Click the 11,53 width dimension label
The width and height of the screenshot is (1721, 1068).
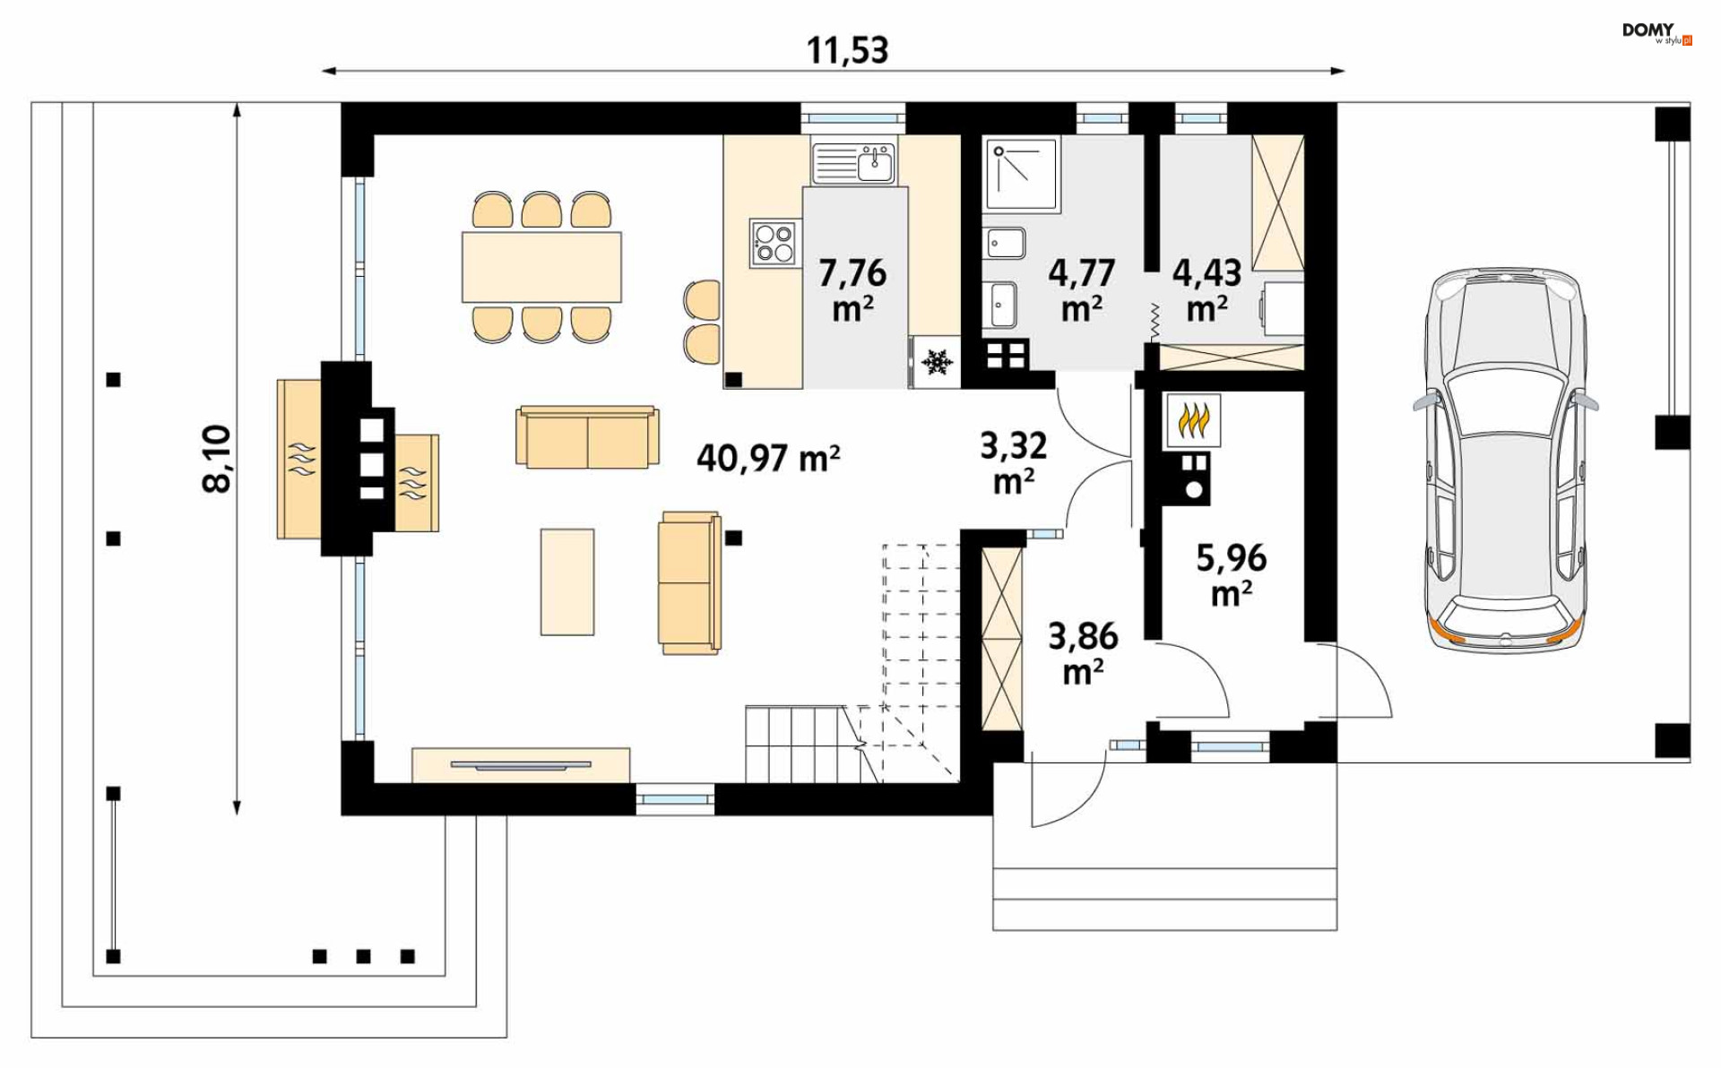pyautogui.click(x=847, y=50)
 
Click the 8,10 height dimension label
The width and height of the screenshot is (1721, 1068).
pyautogui.click(x=217, y=459)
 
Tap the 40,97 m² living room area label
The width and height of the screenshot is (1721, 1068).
pyautogui.click(x=768, y=458)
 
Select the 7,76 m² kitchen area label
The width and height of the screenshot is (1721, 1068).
pyautogui.click(x=852, y=289)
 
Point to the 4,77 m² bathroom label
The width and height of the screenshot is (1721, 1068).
pyautogui.click(x=1082, y=289)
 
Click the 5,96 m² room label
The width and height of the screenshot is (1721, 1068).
pyautogui.click(x=1232, y=574)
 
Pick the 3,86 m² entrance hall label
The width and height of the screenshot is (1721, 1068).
pyautogui.click(x=1083, y=652)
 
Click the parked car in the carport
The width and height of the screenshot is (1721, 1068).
pyautogui.click(x=1505, y=461)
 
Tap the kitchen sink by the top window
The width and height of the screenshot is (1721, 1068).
pyautogui.click(x=853, y=163)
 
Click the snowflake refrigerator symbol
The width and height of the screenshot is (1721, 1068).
pyautogui.click(x=937, y=362)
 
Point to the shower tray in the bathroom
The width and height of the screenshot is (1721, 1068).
pyautogui.click(x=1021, y=176)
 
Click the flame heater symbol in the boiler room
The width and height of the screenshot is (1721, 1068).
pyautogui.click(x=1193, y=420)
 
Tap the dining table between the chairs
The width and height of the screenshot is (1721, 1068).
pyautogui.click(x=541, y=267)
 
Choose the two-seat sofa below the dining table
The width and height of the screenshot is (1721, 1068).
pyautogui.click(x=587, y=437)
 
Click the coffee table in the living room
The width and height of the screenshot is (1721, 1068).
pyautogui.click(x=567, y=581)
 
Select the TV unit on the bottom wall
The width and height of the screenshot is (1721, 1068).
pyautogui.click(x=521, y=765)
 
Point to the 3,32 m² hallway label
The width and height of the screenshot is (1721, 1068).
pyautogui.click(x=1014, y=462)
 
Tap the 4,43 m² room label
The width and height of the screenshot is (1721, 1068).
pyautogui.click(x=1206, y=289)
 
